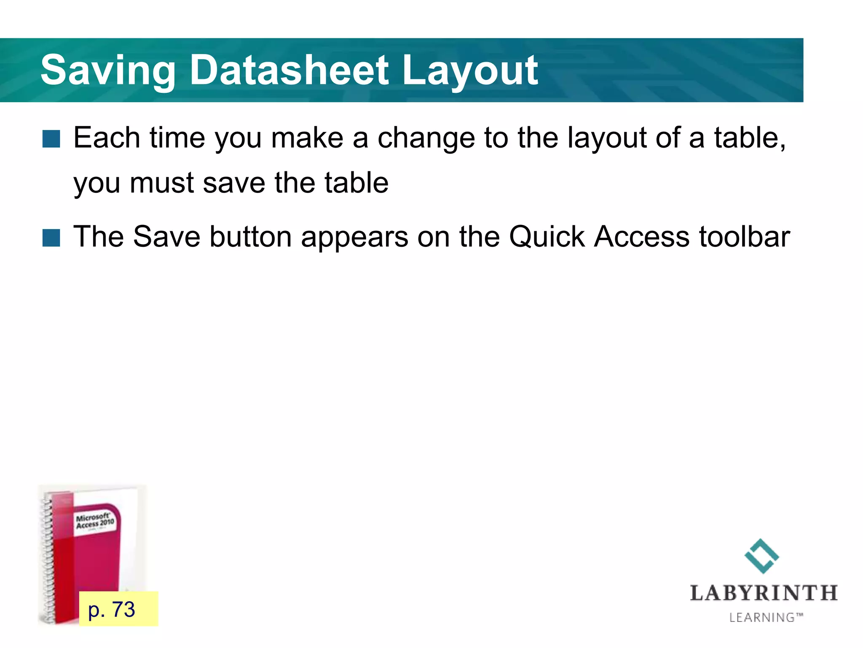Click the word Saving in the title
pyautogui.click(x=107, y=70)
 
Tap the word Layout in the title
pyautogui.click(x=469, y=70)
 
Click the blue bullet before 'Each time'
pyautogui.click(x=51, y=139)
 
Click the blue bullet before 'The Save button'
pyautogui.click(x=51, y=238)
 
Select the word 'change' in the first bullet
pyautogui.click(x=426, y=138)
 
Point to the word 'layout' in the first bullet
pyautogui.click(x=607, y=138)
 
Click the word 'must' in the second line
pyautogui.click(x=161, y=183)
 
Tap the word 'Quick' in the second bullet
pyautogui.click(x=547, y=236)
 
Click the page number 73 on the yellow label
pyautogui.click(x=123, y=609)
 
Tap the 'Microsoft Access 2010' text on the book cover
pyautogui.click(x=95, y=521)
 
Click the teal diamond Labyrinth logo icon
pyautogui.click(x=762, y=556)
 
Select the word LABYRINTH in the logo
pyautogui.click(x=764, y=593)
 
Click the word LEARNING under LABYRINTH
pyautogui.click(x=762, y=617)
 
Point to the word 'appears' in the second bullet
pyautogui.click(x=354, y=237)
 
